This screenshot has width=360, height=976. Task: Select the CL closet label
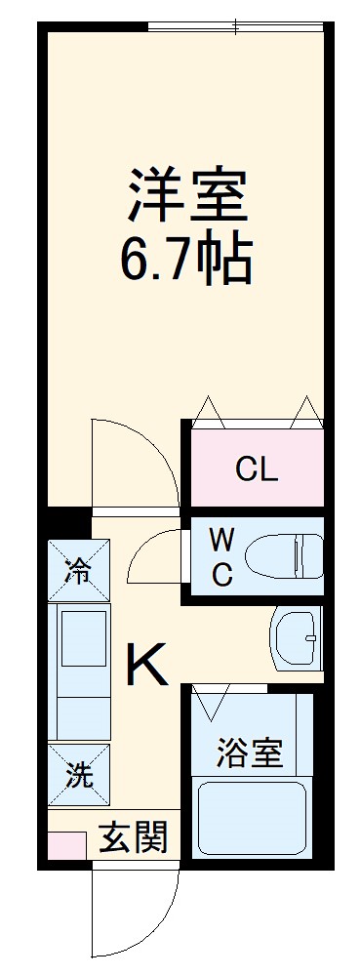257,470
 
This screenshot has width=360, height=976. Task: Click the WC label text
222,556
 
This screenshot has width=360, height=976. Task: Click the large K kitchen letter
145,668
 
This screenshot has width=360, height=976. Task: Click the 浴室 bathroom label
249,754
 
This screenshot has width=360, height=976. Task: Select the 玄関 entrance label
133,836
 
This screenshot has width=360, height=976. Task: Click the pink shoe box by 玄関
66,844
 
